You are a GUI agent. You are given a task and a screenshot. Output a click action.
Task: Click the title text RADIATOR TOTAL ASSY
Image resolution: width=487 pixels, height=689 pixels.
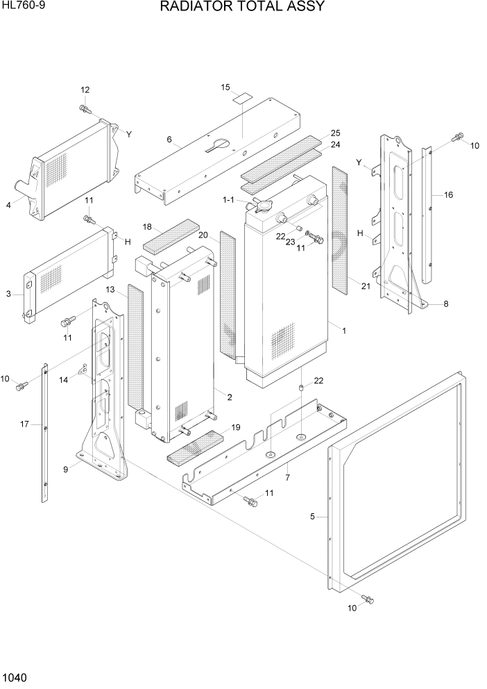point(242,8)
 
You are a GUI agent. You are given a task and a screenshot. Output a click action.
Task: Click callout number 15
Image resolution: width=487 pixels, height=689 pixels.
point(225,88)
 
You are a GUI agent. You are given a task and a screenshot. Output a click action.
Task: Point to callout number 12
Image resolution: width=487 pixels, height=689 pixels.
point(85,90)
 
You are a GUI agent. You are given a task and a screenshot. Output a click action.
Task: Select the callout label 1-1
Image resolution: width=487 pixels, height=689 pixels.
point(228,200)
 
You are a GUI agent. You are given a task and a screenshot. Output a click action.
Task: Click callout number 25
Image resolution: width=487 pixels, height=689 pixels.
point(335,133)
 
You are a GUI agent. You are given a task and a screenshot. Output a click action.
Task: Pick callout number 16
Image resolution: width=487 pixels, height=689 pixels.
point(448,195)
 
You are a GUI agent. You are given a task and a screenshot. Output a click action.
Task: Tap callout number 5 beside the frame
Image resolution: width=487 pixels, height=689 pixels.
point(313,516)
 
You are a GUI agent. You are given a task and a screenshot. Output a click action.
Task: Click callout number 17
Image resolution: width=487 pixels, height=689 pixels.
point(24,424)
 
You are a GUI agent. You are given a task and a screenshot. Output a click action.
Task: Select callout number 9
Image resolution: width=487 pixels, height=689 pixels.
point(65,470)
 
